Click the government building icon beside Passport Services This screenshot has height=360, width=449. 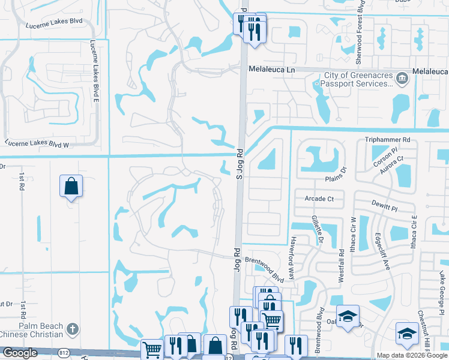402,78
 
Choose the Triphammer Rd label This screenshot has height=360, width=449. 387,140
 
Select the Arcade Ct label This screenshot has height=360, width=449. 319,199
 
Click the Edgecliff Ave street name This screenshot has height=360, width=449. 382,251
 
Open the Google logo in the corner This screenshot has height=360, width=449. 20,353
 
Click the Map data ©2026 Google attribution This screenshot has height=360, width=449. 412,355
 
